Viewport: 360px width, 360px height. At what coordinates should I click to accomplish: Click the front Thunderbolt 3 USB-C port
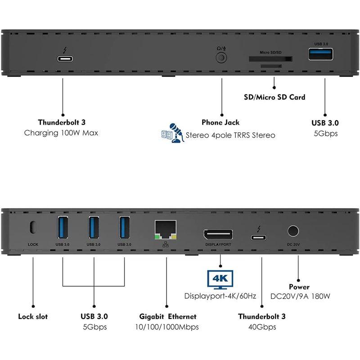(x=63, y=58)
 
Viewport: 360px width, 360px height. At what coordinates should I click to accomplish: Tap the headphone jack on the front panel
(x=221, y=58)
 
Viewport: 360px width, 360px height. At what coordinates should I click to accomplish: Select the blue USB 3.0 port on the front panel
(x=321, y=54)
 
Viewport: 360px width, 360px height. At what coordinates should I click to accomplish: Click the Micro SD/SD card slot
(x=270, y=58)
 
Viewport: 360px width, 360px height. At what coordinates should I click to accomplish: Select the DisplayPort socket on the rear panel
(x=218, y=234)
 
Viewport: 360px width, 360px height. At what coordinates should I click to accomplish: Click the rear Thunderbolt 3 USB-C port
(x=258, y=238)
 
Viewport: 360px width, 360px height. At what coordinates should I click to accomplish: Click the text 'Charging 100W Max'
(x=61, y=133)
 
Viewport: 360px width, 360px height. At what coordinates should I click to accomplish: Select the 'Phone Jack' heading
(x=220, y=122)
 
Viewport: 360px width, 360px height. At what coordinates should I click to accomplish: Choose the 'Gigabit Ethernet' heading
(x=166, y=316)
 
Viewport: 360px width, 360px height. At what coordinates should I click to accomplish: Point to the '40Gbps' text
(x=261, y=327)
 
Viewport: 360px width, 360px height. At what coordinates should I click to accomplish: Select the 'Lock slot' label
(x=33, y=316)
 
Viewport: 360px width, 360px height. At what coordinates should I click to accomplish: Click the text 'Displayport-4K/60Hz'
(x=220, y=296)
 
